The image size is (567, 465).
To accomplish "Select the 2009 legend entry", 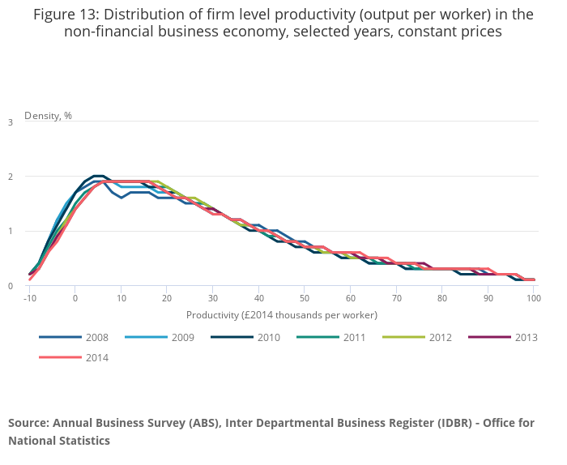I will pos(168,338).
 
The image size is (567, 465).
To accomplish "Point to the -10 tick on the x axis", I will pos(29,298).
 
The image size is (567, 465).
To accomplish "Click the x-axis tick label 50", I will pos(305,298).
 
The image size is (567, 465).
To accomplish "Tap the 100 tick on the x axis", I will pos(534,298).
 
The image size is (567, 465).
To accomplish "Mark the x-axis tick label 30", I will pos(213,298).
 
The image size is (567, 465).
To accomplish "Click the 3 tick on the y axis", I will pos(10,122).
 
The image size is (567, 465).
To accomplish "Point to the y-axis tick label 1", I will pos(10,232).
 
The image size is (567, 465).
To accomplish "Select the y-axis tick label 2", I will pos(10,177).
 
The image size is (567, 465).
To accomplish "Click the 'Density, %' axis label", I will pos(48,115).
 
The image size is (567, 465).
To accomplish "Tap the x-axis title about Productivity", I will pos(282,314).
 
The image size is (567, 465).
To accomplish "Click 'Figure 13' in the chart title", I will pos(64,14).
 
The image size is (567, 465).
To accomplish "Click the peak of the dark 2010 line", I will pos(98,175).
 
